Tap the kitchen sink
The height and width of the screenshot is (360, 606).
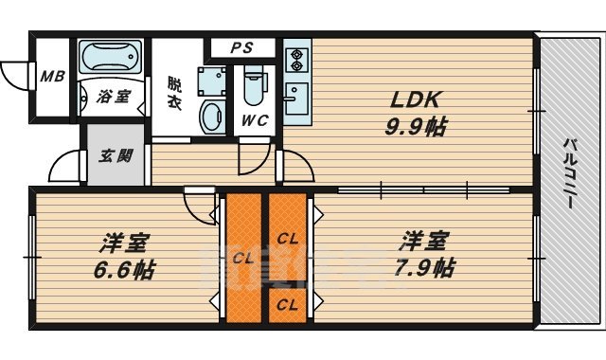[x=294, y=97]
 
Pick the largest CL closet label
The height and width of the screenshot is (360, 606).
[x=243, y=257]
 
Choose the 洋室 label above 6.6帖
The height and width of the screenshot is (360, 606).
[x=123, y=242]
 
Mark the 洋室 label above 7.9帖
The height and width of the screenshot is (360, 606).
[x=424, y=240]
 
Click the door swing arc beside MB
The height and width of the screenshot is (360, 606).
[x=14, y=74]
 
